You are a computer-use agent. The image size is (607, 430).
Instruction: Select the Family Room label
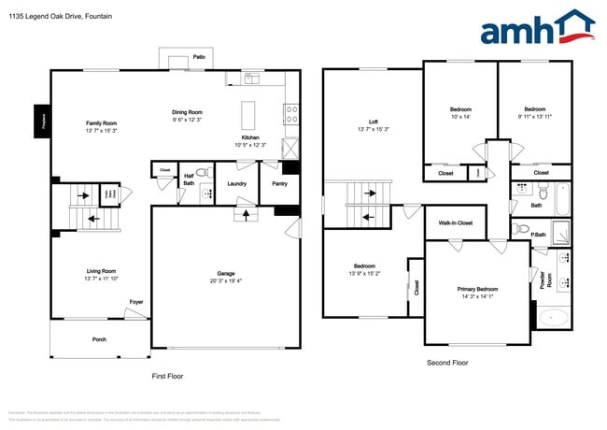coord(101,122)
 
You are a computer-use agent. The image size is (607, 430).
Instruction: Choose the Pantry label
coord(279,184)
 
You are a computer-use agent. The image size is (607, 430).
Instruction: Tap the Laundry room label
coord(237,184)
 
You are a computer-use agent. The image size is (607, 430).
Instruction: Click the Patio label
coord(199,57)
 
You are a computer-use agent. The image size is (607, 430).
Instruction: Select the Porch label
coord(98,339)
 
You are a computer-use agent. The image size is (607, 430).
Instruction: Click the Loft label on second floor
coord(374,122)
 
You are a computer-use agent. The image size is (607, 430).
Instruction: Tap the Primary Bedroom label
coord(477,289)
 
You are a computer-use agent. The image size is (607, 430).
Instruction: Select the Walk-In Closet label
coord(456,222)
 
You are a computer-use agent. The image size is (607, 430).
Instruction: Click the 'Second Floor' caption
coord(447,363)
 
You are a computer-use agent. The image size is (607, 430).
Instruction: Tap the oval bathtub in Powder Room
coord(554,317)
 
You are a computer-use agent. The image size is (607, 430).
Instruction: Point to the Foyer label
coord(136,302)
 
